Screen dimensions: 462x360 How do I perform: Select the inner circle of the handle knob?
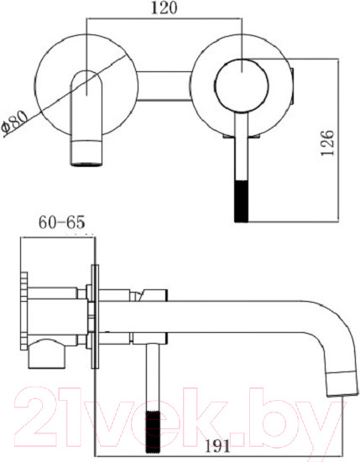pos(241,85)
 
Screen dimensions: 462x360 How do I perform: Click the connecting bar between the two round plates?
pos(163,84)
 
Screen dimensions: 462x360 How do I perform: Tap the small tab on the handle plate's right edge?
pos(293,84)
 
